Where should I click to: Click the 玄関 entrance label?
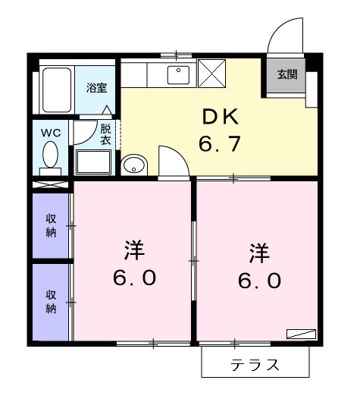pos(286,75)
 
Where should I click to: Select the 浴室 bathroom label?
pos(96,87)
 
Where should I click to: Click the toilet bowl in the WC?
pos(51,157)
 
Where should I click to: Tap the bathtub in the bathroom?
pos(56,90)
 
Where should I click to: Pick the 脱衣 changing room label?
pos(106,134)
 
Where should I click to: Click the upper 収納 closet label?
pos(51,225)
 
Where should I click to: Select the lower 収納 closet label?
pos(51,302)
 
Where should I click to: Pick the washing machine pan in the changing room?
pos(93,162)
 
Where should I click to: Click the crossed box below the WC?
pos(51,184)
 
